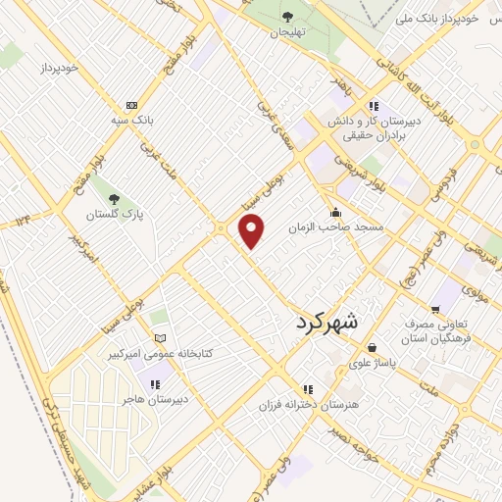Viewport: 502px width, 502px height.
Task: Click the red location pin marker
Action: pyautogui.click(x=253, y=230)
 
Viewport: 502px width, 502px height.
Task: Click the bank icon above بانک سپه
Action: pyautogui.click(x=130, y=105)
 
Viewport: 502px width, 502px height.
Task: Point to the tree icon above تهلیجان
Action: pyautogui.click(x=288, y=16)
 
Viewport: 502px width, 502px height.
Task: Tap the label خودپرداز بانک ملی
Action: pyautogui.click(x=440, y=19)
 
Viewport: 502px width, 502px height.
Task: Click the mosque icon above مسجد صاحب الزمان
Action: pyautogui.click(x=335, y=212)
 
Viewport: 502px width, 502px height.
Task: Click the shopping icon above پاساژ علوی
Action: pyautogui.click(x=373, y=347)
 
